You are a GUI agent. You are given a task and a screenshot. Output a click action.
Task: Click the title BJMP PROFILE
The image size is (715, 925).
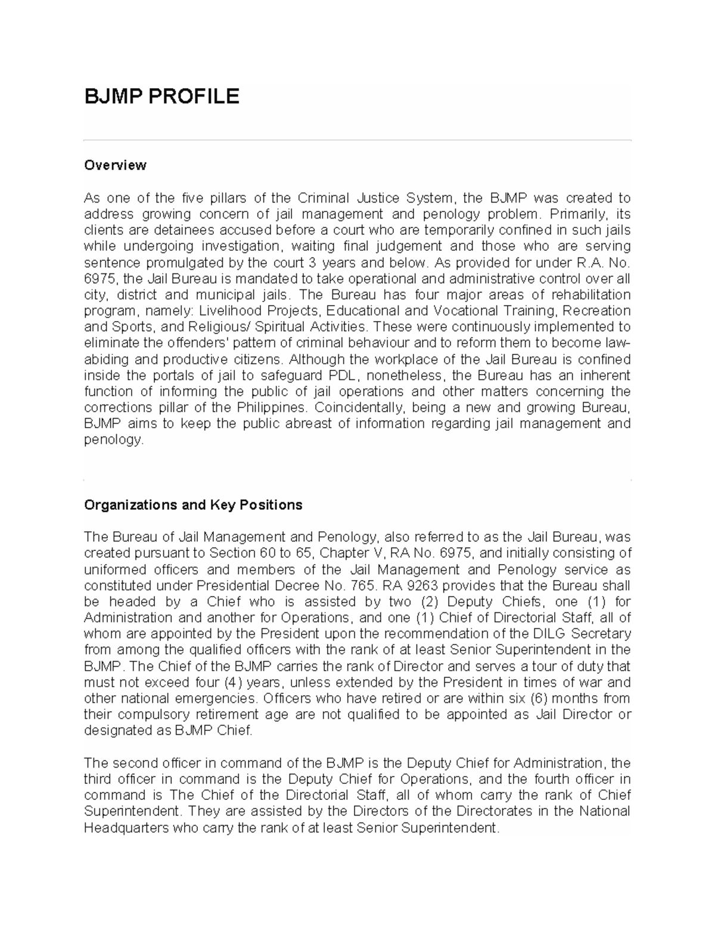coord(161,96)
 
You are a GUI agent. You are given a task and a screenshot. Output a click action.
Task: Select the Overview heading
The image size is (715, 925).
coord(115,165)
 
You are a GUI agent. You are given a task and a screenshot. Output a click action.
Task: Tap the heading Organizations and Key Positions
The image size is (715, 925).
coord(193,505)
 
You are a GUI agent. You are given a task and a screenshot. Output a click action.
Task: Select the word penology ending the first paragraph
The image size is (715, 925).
coord(113,440)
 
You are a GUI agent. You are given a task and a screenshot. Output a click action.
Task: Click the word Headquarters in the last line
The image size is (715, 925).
coord(126,827)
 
